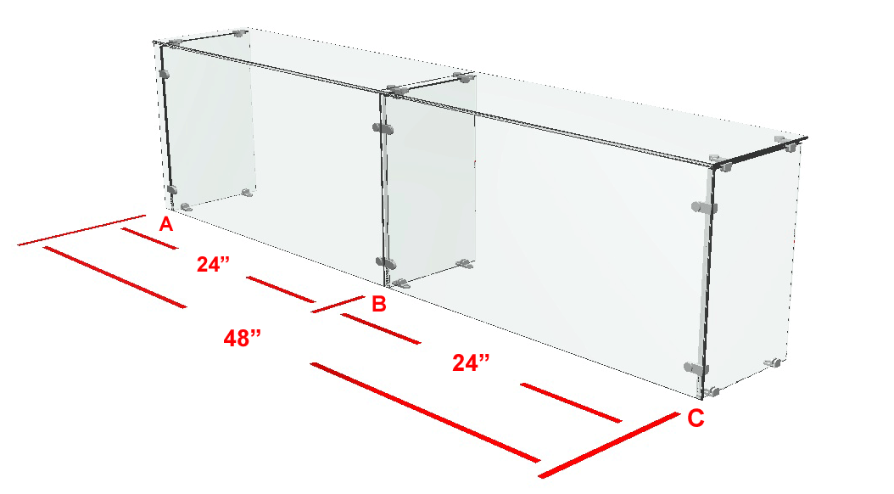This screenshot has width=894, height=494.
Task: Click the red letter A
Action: pos(166,224)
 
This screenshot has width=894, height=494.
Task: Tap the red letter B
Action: pos(378,304)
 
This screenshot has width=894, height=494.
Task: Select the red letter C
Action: pos(696,418)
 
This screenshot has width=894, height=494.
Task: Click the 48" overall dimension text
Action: pos(243,339)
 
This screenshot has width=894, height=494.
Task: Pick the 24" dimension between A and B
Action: pos(213,264)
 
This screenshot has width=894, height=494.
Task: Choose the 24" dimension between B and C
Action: pos(471,362)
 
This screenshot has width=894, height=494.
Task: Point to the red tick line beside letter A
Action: pos(82,231)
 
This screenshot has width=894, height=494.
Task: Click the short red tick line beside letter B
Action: pos(338,304)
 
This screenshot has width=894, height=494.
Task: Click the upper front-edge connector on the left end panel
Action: pos(165,74)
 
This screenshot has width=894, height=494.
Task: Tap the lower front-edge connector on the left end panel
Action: pos(171,189)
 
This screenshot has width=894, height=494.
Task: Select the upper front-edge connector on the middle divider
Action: pos(383,128)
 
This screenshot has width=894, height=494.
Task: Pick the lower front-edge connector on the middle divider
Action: pos(386,262)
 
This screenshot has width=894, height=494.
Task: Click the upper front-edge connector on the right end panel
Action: pos(704,207)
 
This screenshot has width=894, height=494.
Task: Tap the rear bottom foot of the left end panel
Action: pos(247,193)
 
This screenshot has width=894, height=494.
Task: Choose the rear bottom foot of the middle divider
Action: pos(466,263)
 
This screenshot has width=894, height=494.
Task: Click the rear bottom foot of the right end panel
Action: pos(773,362)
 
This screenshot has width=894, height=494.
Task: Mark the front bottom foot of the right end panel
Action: pos(711,392)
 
